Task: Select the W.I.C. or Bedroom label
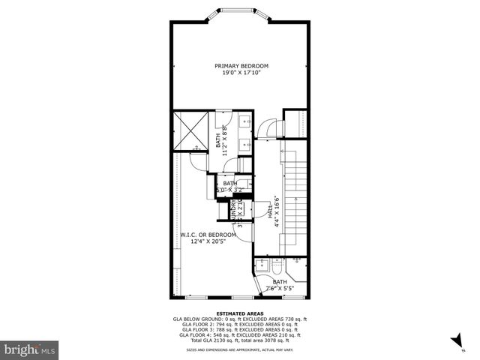[208, 235]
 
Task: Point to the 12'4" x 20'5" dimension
[208, 241]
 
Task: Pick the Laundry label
[235, 212]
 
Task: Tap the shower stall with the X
[190, 129]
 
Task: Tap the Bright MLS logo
[30, 349]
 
